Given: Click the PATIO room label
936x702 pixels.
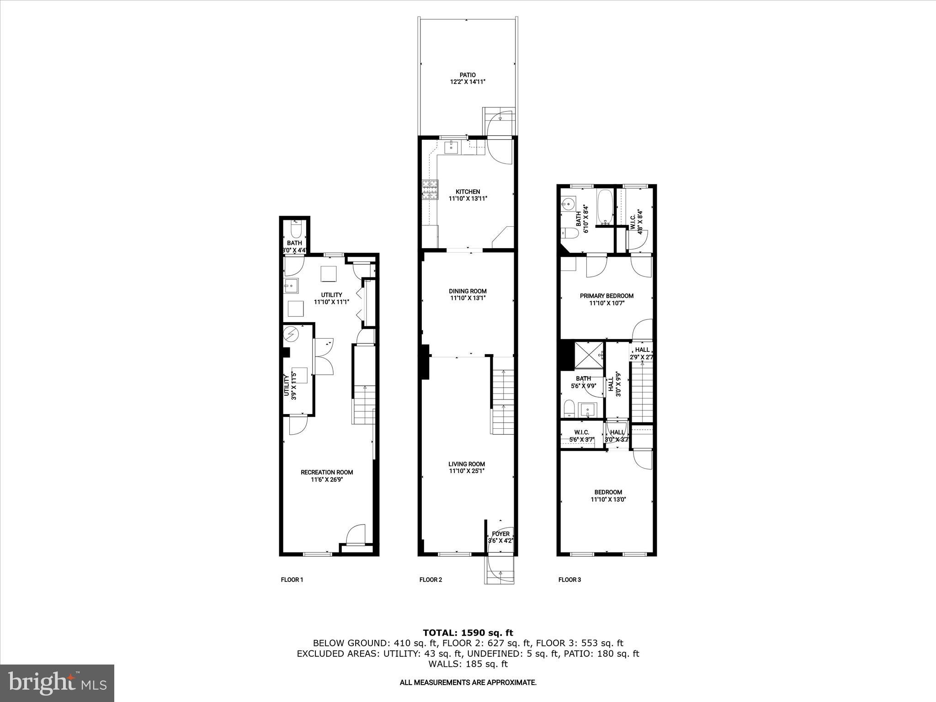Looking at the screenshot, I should coord(467,75).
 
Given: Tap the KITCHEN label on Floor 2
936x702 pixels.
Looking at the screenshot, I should coord(468,191).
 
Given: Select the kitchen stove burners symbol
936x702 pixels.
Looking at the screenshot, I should coord(430,190).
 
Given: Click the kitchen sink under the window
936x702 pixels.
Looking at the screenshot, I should coord(452,147).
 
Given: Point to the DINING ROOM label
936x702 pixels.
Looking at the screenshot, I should coord(468,291).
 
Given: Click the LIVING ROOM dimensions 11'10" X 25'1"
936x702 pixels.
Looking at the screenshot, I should coord(467,471).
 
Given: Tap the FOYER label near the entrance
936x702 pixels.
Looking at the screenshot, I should coord(500,534).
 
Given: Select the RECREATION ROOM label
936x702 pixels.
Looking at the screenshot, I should coord(326,472).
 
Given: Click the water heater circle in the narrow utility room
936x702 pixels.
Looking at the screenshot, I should coord(291,335).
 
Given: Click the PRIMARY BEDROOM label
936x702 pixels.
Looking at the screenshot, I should coord(606,296).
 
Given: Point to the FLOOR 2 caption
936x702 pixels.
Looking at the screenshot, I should coord(431,580).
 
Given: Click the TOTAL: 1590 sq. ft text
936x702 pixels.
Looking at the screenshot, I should coord(468,633).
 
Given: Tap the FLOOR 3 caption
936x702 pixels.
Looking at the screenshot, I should coord(569,580).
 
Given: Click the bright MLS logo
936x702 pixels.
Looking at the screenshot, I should coord(57,683).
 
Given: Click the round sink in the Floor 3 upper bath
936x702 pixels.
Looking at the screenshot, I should coord(568,204).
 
